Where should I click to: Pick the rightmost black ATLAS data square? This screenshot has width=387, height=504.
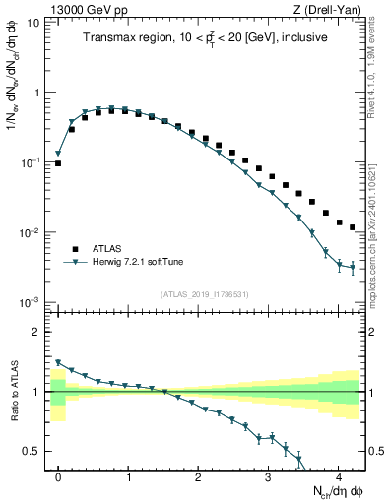[x=353, y=227]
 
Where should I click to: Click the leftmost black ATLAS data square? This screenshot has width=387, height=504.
[x=58, y=163]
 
